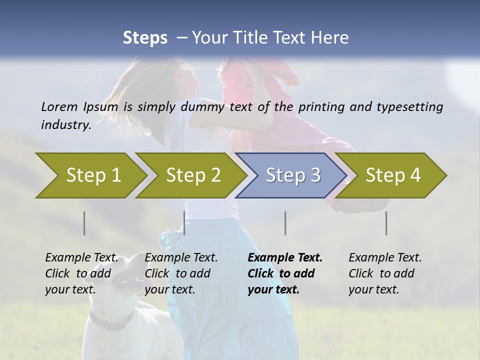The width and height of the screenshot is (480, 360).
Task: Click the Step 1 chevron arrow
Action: [x=93, y=175]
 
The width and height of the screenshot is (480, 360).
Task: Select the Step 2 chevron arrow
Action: [x=193, y=175]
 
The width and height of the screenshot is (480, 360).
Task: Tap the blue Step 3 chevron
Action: [x=293, y=175]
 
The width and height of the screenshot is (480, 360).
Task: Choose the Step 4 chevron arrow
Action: [x=393, y=175]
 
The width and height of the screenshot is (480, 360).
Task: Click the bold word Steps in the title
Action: [x=145, y=38]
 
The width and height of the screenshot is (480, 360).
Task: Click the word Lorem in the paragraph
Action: [x=58, y=106]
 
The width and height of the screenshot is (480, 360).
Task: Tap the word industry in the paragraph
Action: [x=66, y=125]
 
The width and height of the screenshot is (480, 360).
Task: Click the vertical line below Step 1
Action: [x=84, y=223]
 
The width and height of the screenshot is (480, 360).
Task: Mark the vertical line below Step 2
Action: [x=184, y=223]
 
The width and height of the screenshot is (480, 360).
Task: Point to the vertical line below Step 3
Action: [x=285, y=223]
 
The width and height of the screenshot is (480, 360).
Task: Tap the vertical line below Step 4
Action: [x=386, y=223]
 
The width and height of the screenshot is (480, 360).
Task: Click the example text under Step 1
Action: [x=81, y=273]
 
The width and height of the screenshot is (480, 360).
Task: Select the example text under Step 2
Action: [x=181, y=273]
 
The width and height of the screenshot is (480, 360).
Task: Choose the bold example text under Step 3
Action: [x=284, y=273]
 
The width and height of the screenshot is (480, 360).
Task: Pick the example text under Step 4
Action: [x=385, y=273]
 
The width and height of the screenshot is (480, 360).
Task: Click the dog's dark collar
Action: [x=111, y=320]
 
